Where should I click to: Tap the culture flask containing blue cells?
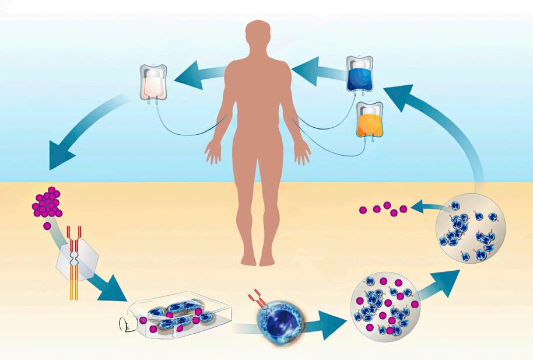click(181, 314)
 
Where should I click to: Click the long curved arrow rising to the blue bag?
click(449, 128)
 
